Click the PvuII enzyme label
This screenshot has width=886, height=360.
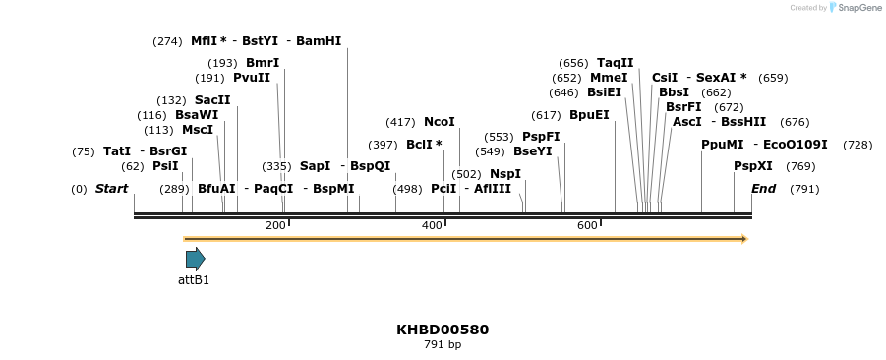click(x=252, y=78)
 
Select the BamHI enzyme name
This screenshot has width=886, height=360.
click(x=319, y=41)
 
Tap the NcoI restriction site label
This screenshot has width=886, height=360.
click(x=440, y=122)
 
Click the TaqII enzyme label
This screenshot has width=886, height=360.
click(x=616, y=63)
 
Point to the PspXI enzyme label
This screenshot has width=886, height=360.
click(x=753, y=166)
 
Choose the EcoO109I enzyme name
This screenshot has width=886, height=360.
click(x=796, y=145)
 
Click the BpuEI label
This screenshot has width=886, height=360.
click(x=589, y=115)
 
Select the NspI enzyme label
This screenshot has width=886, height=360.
click(x=505, y=174)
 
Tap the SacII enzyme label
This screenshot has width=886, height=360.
click(x=212, y=100)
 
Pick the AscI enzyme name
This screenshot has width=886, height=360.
click(x=686, y=122)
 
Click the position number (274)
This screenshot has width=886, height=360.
click(x=167, y=41)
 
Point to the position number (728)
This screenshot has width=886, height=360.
click(x=857, y=145)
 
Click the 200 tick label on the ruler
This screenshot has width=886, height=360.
click(x=275, y=226)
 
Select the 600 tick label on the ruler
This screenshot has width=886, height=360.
click(x=587, y=226)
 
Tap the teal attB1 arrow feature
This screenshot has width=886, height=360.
click(x=195, y=259)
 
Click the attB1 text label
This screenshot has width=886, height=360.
click(x=194, y=280)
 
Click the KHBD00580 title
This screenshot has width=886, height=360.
click(x=443, y=330)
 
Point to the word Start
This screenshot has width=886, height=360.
click(x=111, y=189)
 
